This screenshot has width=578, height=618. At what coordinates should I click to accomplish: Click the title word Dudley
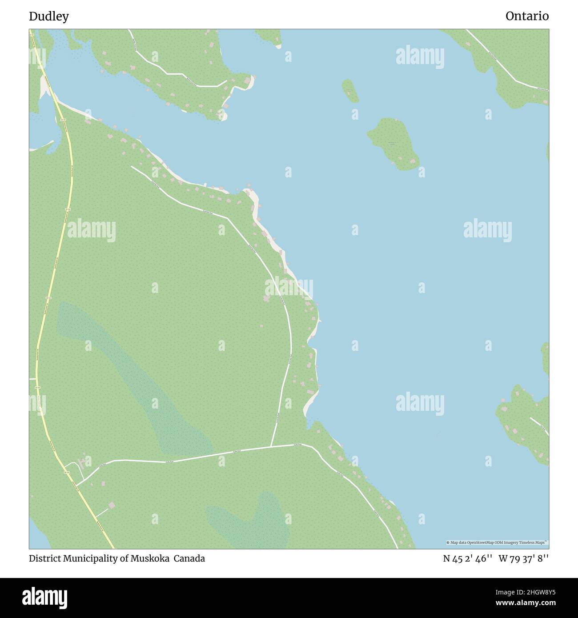pyautogui.click(x=49, y=16)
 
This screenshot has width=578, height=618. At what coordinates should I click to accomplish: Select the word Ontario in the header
pyautogui.click(x=527, y=16)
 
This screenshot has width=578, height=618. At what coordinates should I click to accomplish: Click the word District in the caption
pyautogui.click(x=45, y=558)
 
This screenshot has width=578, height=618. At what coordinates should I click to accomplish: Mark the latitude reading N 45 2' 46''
pyautogui.click(x=467, y=558)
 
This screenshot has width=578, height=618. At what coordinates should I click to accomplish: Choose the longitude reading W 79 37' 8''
pyautogui.click(x=524, y=558)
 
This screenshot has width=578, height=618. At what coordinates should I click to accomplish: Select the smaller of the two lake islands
pyautogui.click(x=350, y=91)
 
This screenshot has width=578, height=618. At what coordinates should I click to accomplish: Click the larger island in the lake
pyautogui.click(x=393, y=143)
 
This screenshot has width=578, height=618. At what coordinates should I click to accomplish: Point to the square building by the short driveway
pyautogui.click(x=111, y=506)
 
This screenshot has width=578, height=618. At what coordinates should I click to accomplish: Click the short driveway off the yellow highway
pyautogui.click(x=101, y=513)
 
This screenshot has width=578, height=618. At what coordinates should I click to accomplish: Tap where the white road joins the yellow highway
pyautogui.click(x=76, y=484)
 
